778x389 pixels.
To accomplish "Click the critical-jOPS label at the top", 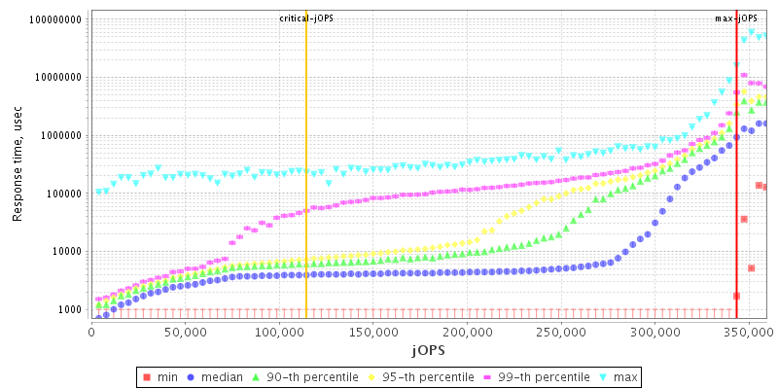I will click(x=306, y=18).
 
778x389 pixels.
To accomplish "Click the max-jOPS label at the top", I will click(x=736, y=18).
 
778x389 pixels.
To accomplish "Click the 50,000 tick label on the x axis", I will click(x=185, y=332).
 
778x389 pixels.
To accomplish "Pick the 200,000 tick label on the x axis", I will click(x=467, y=332).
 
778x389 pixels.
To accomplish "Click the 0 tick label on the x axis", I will click(x=91, y=332).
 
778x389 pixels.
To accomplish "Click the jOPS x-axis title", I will click(x=429, y=348).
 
